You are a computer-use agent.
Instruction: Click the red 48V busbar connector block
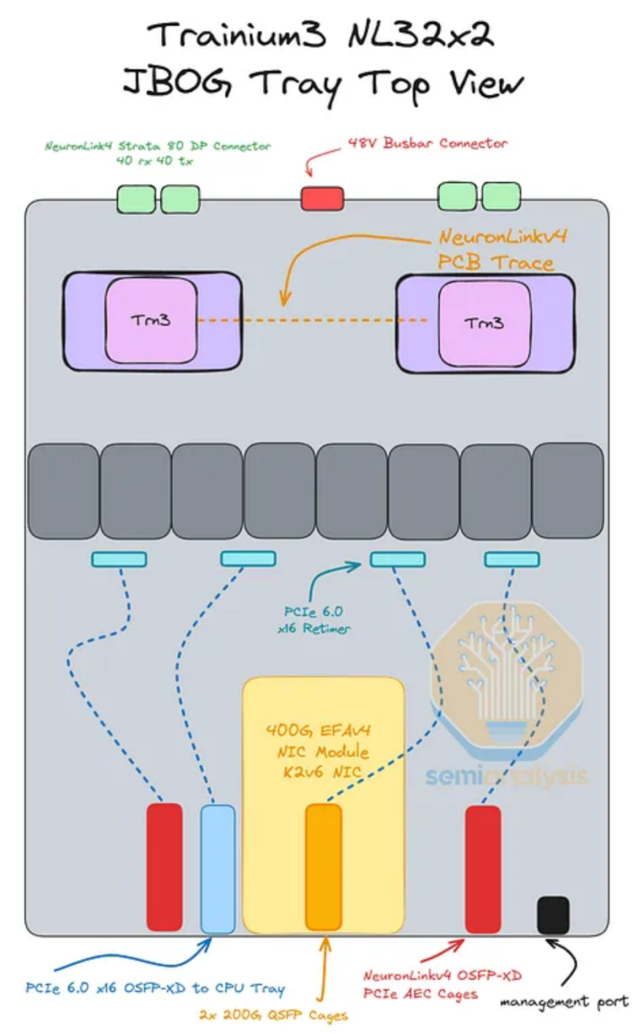(322, 198)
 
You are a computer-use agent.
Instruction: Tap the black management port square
(553, 915)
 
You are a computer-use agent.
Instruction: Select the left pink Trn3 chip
(152, 321)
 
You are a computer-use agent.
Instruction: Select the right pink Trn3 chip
(484, 324)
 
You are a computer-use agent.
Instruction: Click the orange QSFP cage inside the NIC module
(323, 867)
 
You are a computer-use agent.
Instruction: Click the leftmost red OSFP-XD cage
(164, 867)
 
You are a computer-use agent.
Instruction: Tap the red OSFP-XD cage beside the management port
(483, 870)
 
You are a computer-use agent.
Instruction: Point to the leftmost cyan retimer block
(119, 559)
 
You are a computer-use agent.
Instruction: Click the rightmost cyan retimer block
(512, 559)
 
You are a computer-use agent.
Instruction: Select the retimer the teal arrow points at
(398, 559)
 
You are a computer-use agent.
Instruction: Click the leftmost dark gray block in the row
(64, 491)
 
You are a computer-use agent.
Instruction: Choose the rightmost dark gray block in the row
(568, 490)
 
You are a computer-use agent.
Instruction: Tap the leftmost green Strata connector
(136, 199)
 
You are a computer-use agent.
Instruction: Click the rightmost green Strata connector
(502, 196)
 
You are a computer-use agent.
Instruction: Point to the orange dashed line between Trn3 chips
(313, 319)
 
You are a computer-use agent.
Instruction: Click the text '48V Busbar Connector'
(427, 143)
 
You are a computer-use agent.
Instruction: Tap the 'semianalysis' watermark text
(506, 775)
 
